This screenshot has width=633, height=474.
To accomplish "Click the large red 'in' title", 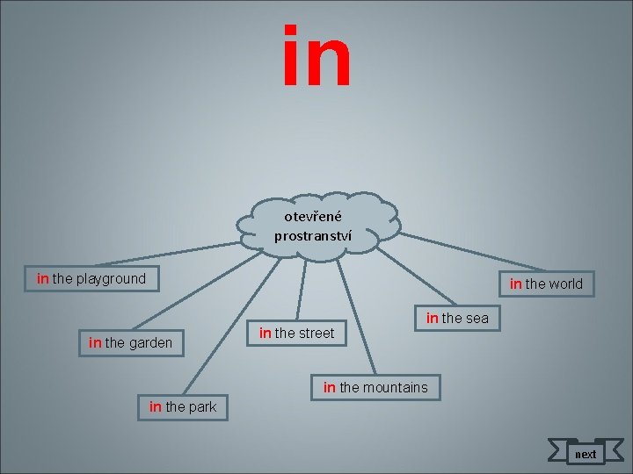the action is pos(317,58).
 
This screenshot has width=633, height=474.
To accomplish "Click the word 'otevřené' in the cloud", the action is pos(313,216).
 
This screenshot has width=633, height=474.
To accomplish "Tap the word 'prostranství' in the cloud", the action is pos(313,235).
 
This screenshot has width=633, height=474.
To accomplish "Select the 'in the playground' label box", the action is pos(91,279).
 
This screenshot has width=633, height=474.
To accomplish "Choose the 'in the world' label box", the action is pos(546,284).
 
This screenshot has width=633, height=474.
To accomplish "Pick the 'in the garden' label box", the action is pos(131,342).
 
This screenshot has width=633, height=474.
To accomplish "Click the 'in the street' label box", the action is pos(297,333).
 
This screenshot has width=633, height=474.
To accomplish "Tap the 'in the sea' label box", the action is pos(457,318).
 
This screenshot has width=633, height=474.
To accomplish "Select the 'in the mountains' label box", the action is pos(375,387).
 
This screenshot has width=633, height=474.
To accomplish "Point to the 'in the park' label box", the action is pos(183,406).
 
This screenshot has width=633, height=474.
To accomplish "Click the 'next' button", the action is pos(585,454).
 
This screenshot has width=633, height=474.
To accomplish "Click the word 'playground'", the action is pos(112,279).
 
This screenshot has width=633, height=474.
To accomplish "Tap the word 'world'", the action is pos(565,284).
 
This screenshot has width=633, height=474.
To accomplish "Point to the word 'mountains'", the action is pos(396,387).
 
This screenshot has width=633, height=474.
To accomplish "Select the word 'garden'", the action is pos(151,342).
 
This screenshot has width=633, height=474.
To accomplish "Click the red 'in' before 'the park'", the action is pos(156,406).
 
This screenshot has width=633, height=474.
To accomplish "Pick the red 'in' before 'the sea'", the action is pos(432,318).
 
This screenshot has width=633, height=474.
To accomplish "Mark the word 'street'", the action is pos(316,333).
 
